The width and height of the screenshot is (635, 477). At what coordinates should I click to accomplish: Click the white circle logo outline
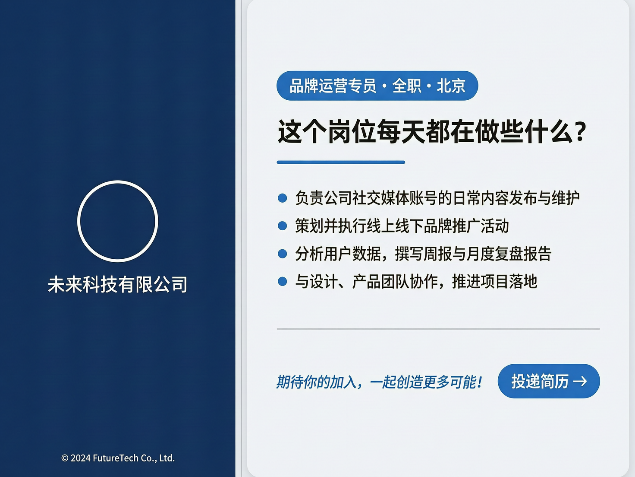tap(117, 182)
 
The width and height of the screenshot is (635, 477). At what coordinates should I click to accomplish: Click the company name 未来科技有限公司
tap(117, 284)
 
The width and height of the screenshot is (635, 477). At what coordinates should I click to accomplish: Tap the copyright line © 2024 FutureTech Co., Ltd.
tap(118, 458)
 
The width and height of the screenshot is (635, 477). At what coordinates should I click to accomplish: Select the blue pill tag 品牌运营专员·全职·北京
tap(377, 86)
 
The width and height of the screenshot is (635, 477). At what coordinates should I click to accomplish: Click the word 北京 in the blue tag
tap(451, 86)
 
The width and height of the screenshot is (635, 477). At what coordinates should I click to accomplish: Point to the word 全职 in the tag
tap(406, 86)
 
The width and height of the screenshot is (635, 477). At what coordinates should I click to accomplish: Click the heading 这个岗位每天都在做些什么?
tap(431, 131)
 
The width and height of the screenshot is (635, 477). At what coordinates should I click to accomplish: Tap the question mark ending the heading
tap(581, 132)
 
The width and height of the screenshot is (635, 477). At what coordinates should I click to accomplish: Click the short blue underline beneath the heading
tap(341, 162)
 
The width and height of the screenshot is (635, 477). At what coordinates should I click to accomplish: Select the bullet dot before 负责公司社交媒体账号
tap(283, 198)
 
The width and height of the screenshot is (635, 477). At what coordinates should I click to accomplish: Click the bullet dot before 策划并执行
tap(283, 226)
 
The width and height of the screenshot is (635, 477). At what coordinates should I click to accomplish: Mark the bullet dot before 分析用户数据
tap(283, 254)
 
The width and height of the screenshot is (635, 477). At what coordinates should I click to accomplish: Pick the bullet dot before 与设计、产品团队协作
tap(283, 282)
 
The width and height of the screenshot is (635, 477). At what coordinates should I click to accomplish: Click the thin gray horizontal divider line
tap(438, 329)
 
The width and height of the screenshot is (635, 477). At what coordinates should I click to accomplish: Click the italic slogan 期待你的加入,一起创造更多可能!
tap(379, 382)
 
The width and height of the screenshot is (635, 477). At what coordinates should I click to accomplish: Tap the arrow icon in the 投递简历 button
tap(580, 381)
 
